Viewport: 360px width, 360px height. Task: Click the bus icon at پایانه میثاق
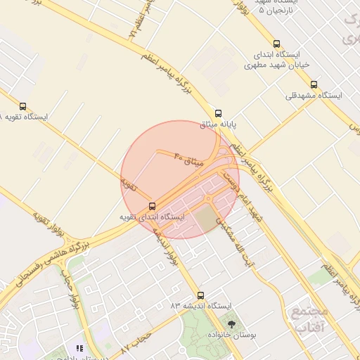click(x=218, y=113)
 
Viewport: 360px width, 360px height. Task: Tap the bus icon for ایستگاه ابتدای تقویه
click(x=153, y=206)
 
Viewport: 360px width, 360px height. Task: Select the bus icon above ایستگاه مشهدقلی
click(x=314, y=84)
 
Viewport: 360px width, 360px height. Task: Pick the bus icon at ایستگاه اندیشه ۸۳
click(x=201, y=295)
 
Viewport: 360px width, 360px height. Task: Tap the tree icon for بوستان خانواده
click(x=232, y=323)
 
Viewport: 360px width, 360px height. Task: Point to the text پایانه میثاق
click(x=219, y=125)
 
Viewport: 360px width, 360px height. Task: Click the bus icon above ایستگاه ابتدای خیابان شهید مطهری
click(x=276, y=43)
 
